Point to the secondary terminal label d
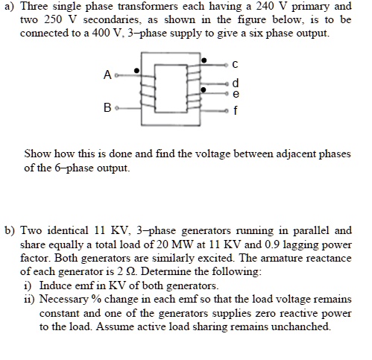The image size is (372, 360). pos(236,83)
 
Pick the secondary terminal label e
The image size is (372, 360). pos(236,94)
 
